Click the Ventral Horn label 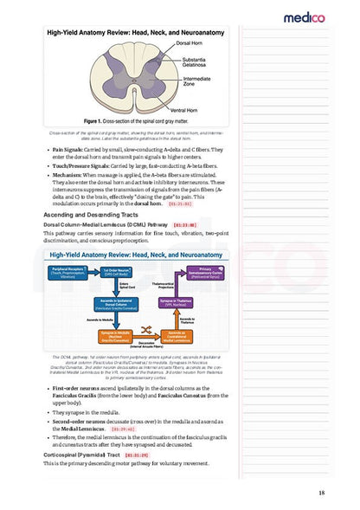point(183,110)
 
